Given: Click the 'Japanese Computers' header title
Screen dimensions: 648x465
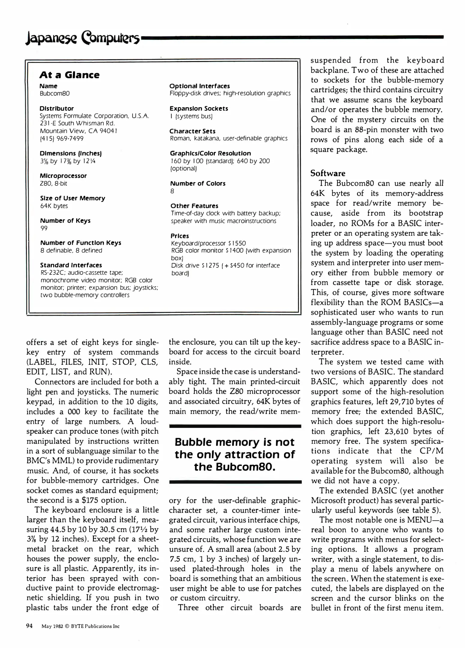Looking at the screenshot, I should tap(83, 39).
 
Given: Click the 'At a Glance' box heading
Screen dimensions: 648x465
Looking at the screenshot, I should tap(69, 75).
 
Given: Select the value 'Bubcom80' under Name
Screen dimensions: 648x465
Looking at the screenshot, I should tap(55, 94).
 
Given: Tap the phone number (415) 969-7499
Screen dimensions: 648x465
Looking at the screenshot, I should tap(62, 139).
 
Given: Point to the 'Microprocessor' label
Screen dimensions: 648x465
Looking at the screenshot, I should tap(63, 176).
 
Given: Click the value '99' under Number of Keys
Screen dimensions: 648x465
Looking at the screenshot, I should tap(44, 228).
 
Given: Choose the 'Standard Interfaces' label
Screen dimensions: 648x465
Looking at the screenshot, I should tap(71, 265).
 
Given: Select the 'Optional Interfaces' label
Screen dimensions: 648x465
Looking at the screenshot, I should tap(200, 86).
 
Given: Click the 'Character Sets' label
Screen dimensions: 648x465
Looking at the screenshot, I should tap(192, 131).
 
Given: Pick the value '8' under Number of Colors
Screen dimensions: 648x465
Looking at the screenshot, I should tap(172, 191).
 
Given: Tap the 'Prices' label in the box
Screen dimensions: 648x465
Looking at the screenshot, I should tap(180, 236).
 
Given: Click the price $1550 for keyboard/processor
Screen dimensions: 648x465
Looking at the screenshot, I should tap(237, 243).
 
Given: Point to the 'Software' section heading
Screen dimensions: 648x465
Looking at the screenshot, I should tap(328, 173).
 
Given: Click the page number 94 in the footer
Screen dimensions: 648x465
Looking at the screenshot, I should tap(29, 626).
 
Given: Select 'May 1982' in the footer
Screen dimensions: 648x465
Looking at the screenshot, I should tap(52, 626).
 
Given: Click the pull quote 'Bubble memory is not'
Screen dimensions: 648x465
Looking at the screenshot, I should tap(235, 442).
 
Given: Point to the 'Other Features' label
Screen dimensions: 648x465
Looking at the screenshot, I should tap(194, 206).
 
